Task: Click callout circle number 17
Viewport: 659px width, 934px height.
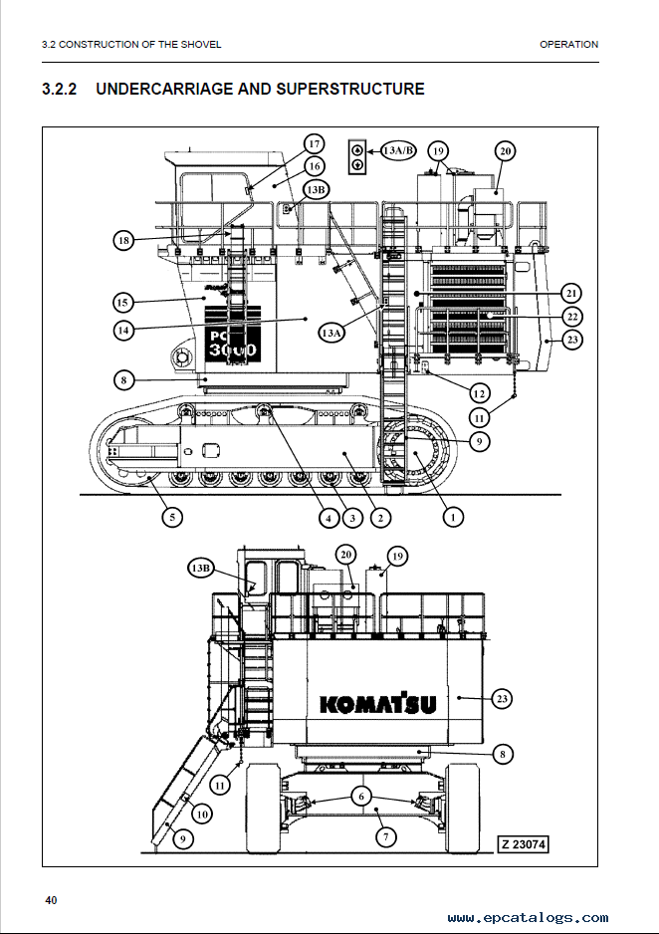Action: click(315, 143)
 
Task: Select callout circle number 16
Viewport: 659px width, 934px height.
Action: click(315, 167)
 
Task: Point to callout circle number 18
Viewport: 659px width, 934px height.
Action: click(123, 241)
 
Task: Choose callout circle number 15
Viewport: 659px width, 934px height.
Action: click(122, 302)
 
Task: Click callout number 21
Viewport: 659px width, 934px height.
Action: click(572, 293)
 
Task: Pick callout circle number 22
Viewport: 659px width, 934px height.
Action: click(572, 317)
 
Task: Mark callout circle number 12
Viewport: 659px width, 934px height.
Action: click(479, 393)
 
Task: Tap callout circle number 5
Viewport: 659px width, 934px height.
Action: click(172, 517)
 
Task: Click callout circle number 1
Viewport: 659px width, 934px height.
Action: click(453, 517)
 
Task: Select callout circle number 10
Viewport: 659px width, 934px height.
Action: click(202, 814)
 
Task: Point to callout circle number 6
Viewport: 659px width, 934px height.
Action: click(361, 796)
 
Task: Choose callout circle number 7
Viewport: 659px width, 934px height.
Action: click(386, 836)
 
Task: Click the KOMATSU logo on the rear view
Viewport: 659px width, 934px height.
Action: click(378, 703)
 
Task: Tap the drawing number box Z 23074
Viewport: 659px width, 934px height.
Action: click(523, 844)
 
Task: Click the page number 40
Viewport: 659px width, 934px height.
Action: click(51, 900)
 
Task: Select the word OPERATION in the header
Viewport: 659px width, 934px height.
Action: click(568, 44)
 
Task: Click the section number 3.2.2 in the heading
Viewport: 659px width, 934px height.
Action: click(60, 89)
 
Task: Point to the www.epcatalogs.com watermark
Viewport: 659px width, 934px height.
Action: click(528, 918)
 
